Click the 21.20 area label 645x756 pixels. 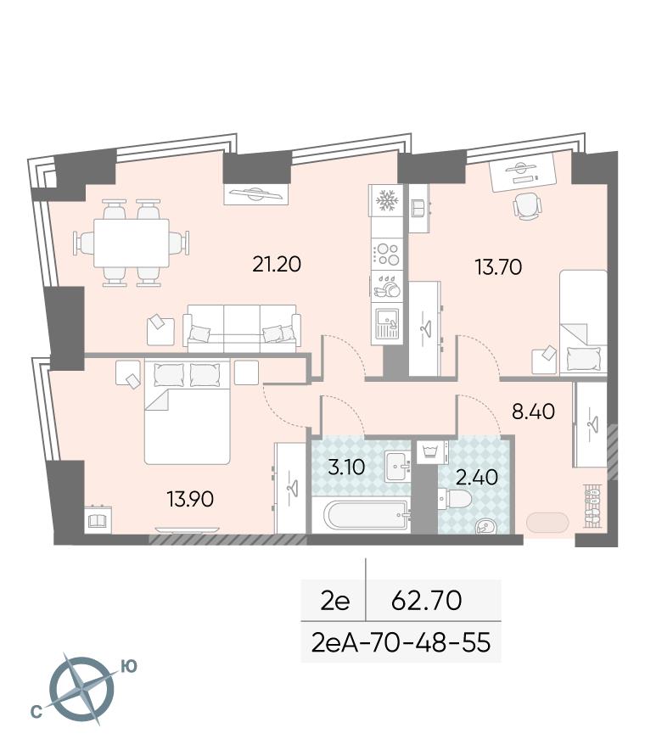(277, 264)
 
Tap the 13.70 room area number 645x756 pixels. (498, 266)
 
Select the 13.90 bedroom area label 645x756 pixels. (190, 499)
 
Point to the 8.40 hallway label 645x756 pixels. (533, 412)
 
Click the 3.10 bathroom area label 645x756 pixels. (346, 468)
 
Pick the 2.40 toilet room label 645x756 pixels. (478, 478)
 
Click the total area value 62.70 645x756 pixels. (426, 601)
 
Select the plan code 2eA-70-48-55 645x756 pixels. (401, 642)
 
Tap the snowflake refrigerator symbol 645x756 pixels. (385, 200)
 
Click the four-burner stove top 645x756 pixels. (387, 254)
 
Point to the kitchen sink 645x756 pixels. (386, 323)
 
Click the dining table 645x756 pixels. (132, 243)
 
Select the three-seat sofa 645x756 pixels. (242, 326)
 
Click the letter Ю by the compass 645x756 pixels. (128, 667)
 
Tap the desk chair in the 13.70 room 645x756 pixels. (527, 207)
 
